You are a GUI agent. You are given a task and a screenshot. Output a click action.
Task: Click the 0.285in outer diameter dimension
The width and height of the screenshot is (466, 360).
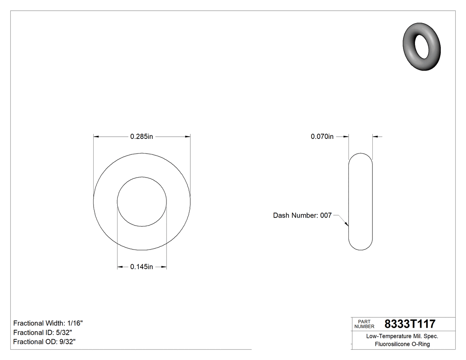(141, 137)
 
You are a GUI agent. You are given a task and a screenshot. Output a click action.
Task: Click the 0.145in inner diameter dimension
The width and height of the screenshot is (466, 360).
(141, 267)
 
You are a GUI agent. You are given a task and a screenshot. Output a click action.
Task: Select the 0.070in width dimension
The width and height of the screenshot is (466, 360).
(322, 137)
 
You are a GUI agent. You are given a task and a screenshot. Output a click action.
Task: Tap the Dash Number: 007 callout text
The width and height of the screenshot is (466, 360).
(302, 215)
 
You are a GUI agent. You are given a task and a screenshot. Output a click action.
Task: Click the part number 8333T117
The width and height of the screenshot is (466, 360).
(410, 324)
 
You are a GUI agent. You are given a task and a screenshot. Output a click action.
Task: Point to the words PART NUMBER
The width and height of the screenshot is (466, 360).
(364, 324)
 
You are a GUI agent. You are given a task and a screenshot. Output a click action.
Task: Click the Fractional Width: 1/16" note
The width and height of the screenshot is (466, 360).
(48, 323)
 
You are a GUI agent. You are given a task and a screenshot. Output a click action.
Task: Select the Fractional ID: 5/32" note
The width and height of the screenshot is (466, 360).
(43, 332)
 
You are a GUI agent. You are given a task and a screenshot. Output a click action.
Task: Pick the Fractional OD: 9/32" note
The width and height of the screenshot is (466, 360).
(44, 342)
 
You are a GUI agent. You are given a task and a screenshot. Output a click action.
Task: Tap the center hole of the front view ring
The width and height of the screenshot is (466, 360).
(142, 202)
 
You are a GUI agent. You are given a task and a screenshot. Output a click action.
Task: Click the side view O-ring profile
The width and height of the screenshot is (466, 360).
(360, 202)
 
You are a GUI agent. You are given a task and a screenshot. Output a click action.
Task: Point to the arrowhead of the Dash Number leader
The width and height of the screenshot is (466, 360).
(347, 225)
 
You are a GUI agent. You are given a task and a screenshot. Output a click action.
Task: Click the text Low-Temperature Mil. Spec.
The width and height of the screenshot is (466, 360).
(402, 336)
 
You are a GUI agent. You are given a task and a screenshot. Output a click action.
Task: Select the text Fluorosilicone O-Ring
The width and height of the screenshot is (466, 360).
(402, 344)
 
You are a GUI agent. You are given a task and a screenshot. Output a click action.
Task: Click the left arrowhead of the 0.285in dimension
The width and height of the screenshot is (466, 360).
(96, 137)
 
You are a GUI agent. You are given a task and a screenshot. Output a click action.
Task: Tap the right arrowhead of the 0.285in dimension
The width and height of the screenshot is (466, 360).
(187, 137)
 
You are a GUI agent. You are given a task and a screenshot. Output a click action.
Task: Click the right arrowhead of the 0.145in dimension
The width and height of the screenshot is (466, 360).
(164, 267)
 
